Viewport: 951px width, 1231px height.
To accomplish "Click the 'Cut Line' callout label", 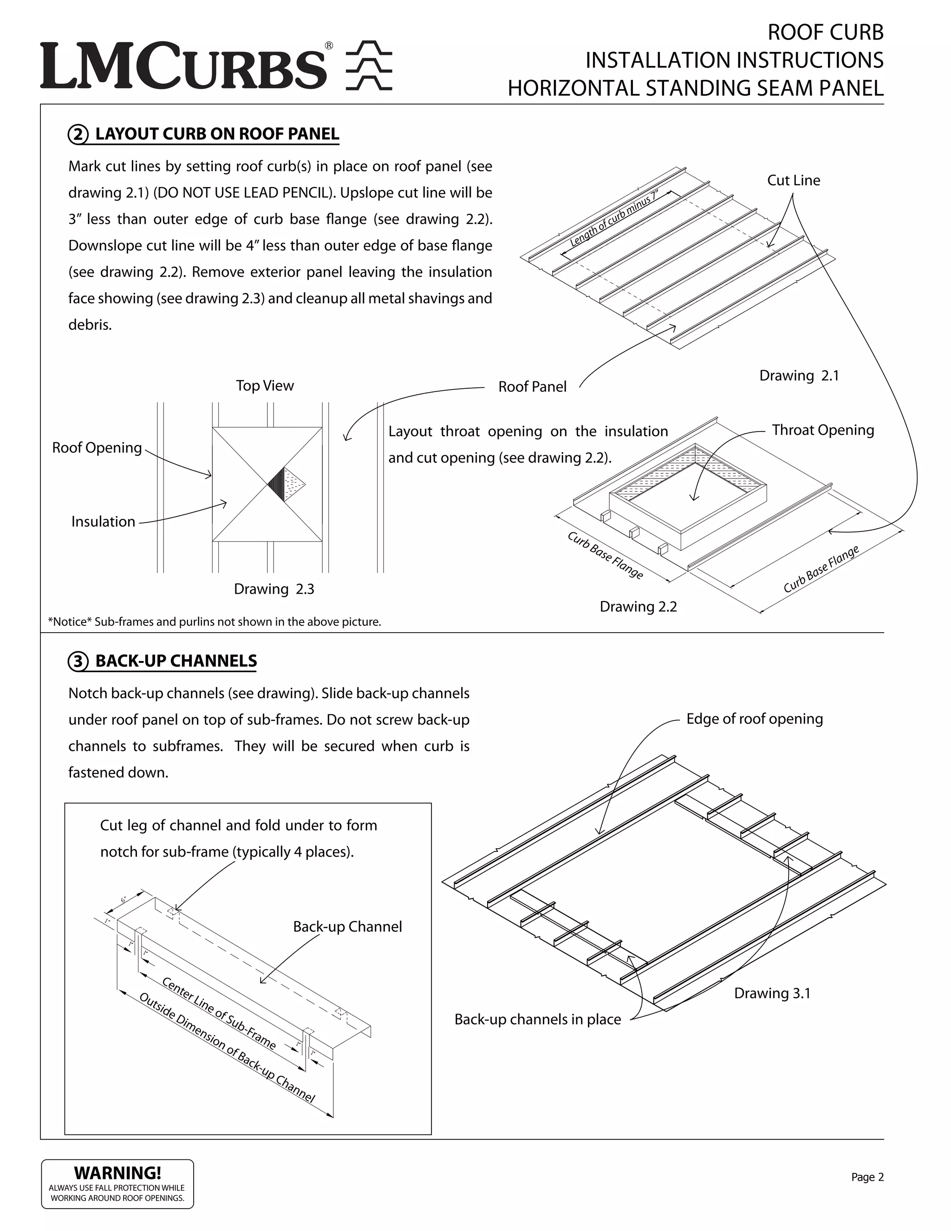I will (x=793, y=180).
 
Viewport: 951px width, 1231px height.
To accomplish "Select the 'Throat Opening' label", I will (x=822, y=430).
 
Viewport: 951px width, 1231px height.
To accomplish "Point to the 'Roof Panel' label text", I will (x=532, y=386).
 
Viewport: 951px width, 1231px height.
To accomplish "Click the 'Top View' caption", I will (x=265, y=386).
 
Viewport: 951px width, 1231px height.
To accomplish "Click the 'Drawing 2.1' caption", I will (x=798, y=375).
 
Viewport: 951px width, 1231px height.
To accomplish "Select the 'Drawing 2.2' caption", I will (x=638, y=607).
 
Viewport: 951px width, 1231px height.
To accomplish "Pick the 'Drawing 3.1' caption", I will (x=772, y=993).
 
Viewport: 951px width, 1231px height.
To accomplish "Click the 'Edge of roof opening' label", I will (x=754, y=719).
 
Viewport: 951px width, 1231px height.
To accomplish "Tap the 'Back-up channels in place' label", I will (x=537, y=1019).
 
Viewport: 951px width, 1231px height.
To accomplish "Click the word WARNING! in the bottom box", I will (x=118, y=1173).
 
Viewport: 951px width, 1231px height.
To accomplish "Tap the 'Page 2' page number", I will (x=867, y=1177).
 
